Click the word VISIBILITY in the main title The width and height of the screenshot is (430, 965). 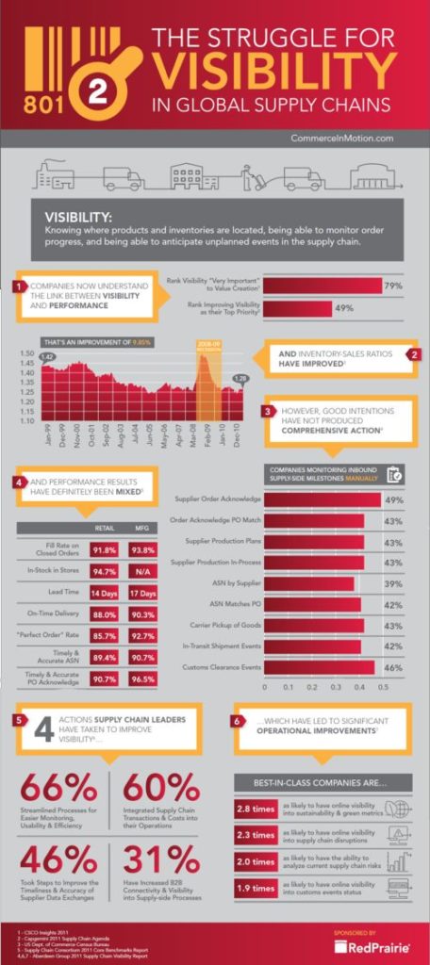274,69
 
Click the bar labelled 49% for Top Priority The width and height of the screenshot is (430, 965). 297,308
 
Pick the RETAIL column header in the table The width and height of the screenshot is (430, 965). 104,529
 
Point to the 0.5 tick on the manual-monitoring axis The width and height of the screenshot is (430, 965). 385,689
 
